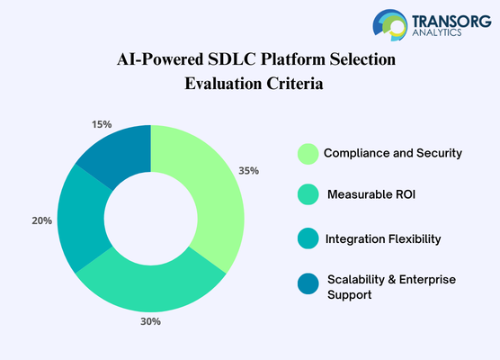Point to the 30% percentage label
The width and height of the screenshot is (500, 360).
click(149, 321)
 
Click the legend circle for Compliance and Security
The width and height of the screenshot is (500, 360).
click(308, 153)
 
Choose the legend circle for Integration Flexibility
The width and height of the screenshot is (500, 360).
click(308, 238)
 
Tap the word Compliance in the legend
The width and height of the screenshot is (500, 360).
click(357, 153)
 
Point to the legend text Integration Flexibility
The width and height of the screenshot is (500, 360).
click(382, 238)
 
